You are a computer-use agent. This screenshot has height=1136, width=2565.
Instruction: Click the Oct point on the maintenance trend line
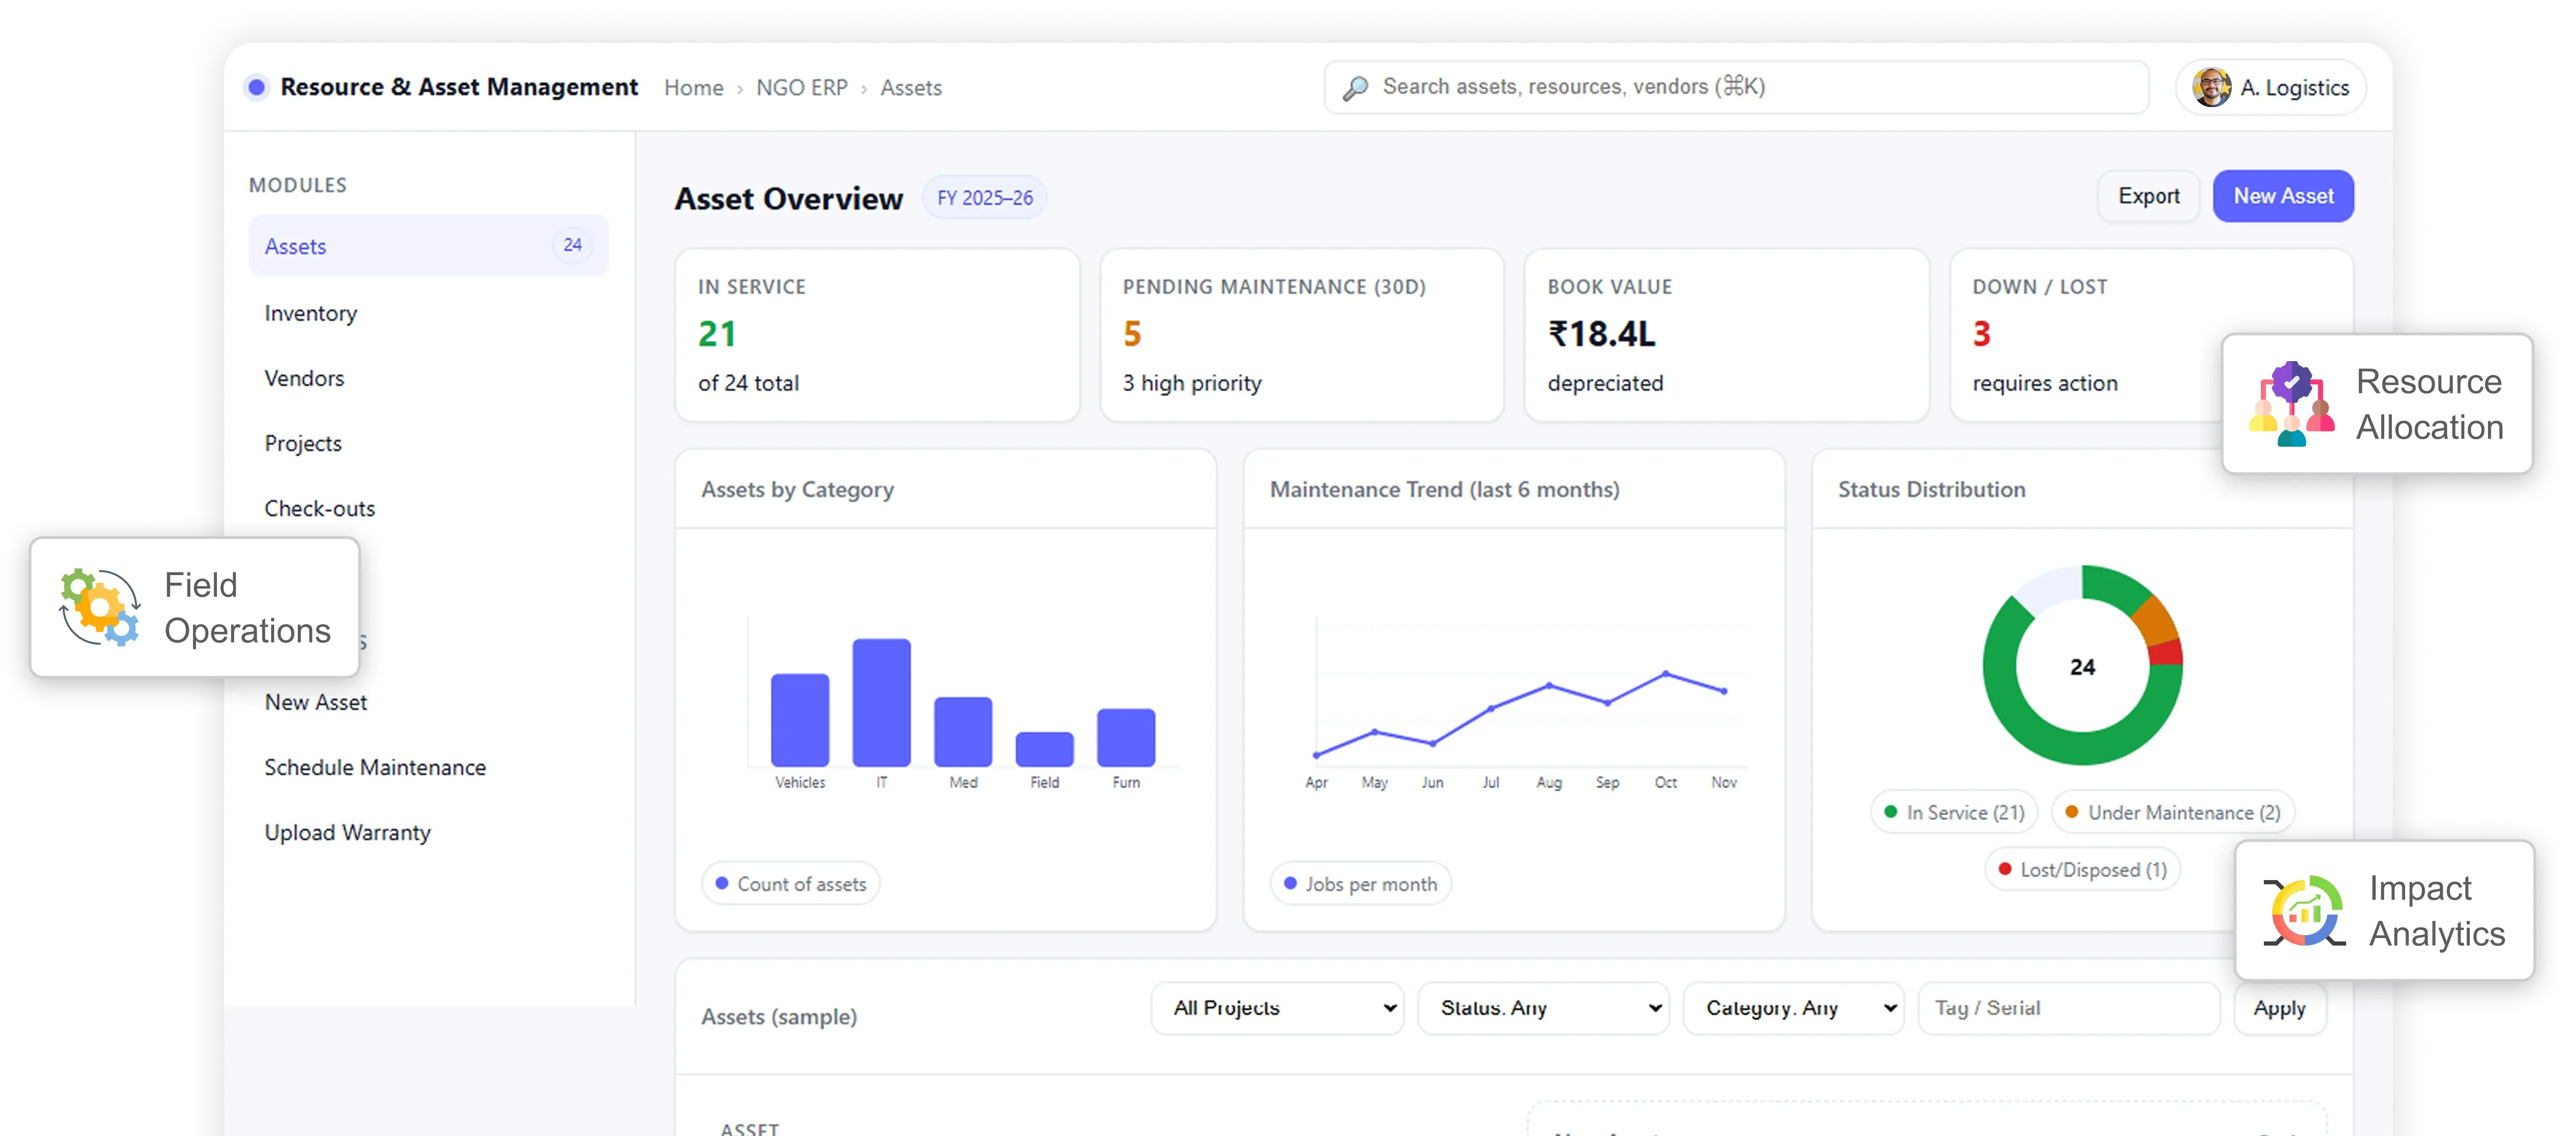point(1666,674)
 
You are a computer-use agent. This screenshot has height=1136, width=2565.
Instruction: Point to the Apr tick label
point(1316,783)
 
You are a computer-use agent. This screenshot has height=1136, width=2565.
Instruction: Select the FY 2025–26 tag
point(985,198)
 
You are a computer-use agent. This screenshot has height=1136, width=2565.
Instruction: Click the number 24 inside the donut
point(2082,667)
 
